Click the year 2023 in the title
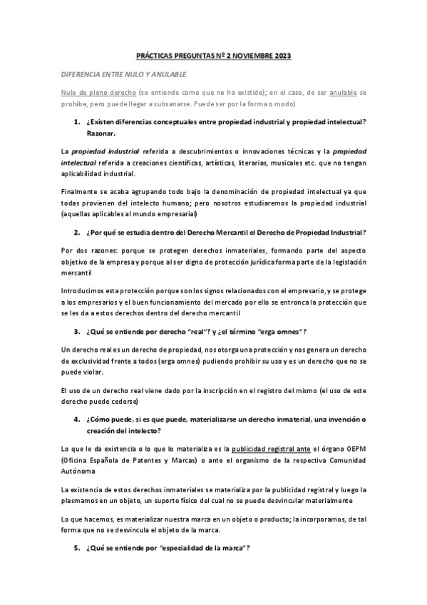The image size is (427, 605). (x=280, y=56)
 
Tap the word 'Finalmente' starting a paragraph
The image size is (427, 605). (x=79, y=193)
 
